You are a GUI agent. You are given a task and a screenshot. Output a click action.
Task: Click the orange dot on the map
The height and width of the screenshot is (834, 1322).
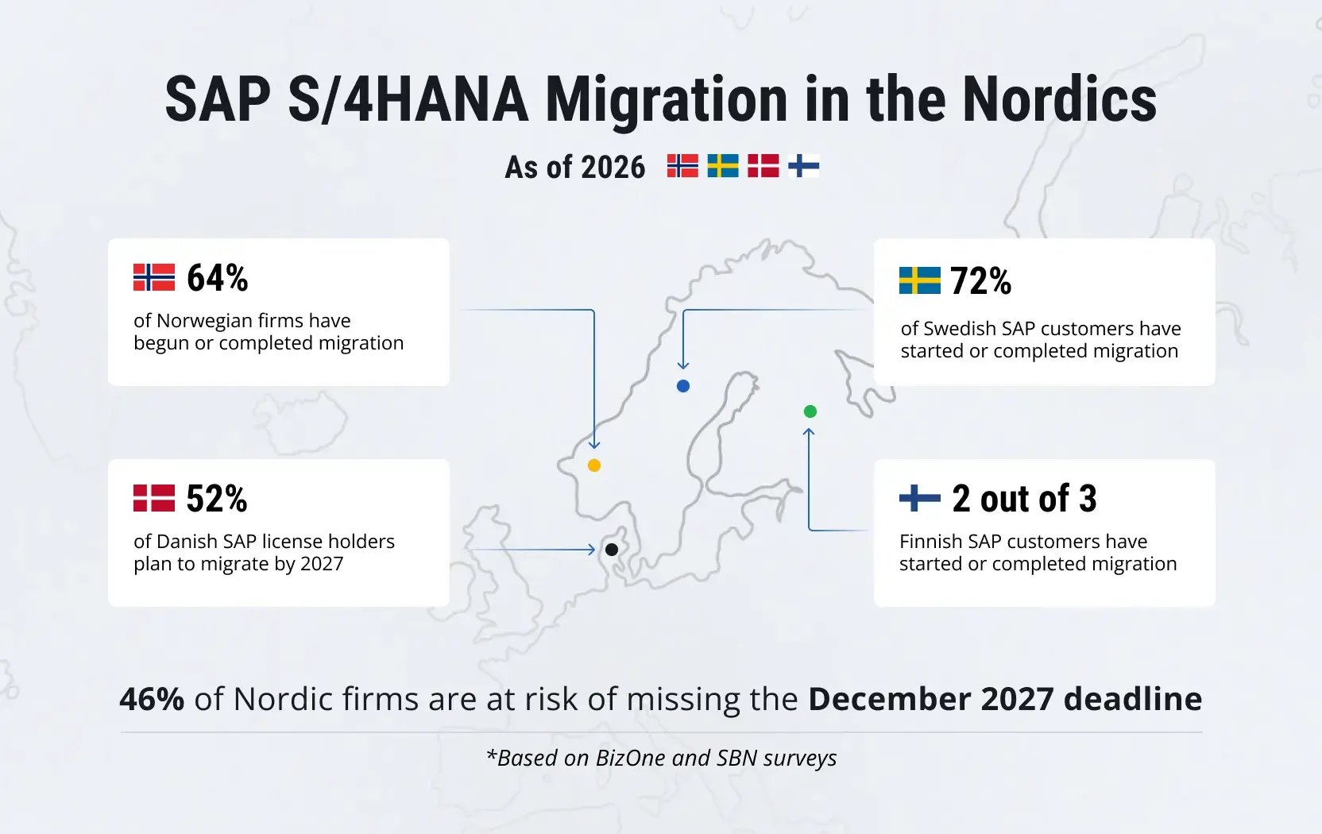(x=594, y=465)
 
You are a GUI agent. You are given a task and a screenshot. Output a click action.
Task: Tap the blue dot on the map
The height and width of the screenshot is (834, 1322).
(x=683, y=386)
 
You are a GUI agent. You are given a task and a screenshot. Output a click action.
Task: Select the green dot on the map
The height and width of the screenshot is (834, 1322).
(x=810, y=411)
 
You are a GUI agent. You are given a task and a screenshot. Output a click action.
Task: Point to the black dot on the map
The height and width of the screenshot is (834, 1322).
(x=612, y=550)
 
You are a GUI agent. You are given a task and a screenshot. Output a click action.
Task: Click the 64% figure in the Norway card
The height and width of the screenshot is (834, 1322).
(x=218, y=278)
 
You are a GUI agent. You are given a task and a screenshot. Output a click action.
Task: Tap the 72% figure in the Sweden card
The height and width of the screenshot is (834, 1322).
(x=981, y=281)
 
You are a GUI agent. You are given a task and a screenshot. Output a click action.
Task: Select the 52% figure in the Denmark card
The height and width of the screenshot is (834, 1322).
(x=217, y=499)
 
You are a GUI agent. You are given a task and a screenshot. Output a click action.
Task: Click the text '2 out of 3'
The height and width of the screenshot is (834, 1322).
(x=1025, y=499)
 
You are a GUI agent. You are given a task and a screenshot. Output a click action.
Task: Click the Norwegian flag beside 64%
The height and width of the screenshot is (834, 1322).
(x=154, y=277)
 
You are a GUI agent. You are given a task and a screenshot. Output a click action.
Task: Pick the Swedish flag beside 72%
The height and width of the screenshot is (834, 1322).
(x=920, y=280)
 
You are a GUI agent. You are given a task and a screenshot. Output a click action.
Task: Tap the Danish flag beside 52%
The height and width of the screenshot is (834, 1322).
(x=154, y=498)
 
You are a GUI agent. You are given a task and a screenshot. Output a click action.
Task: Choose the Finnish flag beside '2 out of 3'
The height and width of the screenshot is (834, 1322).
(x=920, y=498)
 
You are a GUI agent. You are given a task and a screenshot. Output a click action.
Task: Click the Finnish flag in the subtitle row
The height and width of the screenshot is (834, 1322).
(x=804, y=166)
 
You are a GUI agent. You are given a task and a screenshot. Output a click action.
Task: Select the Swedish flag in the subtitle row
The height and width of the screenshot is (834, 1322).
(x=723, y=166)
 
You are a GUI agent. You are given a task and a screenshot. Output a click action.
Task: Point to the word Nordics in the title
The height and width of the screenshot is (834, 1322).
(x=1059, y=99)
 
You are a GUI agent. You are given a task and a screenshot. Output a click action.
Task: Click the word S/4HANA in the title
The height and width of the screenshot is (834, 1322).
(x=408, y=99)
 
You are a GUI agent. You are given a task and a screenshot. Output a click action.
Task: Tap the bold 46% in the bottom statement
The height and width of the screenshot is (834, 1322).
(x=152, y=699)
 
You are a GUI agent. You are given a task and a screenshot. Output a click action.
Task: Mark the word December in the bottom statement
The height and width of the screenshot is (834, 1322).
(x=890, y=699)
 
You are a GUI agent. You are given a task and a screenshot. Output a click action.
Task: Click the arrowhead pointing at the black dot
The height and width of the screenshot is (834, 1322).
(x=592, y=550)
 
